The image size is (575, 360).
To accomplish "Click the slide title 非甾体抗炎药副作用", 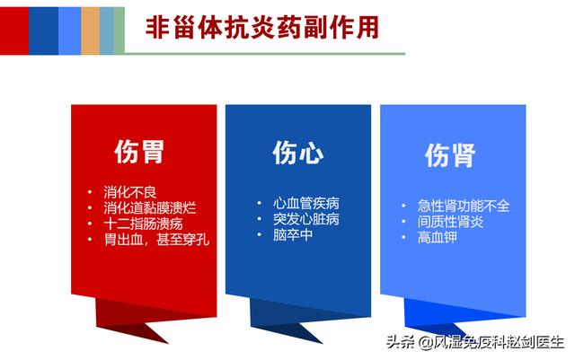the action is click(x=262, y=28).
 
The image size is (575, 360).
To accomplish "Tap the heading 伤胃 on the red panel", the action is click(x=139, y=152).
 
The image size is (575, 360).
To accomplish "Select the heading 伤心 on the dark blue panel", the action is click(x=298, y=153).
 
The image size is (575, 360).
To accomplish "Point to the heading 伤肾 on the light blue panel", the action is click(x=450, y=155).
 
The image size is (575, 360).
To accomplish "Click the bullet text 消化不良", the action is click(x=129, y=192).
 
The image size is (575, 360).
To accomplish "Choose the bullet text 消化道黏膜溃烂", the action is click(x=150, y=208).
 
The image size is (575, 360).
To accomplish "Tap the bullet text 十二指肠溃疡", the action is click(x=143, y=224).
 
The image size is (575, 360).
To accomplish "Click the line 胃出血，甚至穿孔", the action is click(x=156, y=240).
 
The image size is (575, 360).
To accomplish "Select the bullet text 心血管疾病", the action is click(x=306, y=203).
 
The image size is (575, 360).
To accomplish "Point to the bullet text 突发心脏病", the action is click(x=306, y=219).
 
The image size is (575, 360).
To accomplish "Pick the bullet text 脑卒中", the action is click(x=293, y=234).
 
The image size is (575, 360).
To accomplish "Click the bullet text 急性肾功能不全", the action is click(x=464, y=206).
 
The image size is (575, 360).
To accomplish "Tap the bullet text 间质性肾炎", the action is click(x=450, y=222).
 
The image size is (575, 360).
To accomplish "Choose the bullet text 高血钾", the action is click(x=438, y=237).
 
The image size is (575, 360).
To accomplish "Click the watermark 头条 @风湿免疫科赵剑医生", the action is click(x=475, y=342).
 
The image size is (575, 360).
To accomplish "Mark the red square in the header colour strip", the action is click(x=14, y=31).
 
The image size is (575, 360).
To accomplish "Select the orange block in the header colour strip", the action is click(x=90, y=31).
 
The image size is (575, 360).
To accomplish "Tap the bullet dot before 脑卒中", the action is click(x=260, y=234).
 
